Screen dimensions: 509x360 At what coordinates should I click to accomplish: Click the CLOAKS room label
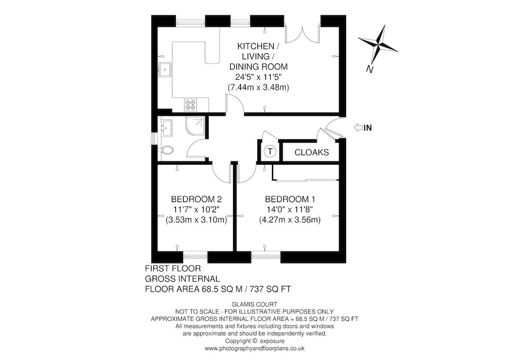312,152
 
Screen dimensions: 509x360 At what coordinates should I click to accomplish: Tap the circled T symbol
270,151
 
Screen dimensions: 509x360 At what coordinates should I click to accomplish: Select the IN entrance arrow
359,128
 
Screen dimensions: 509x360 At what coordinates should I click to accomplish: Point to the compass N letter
369,69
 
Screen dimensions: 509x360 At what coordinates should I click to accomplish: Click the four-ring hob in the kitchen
191,105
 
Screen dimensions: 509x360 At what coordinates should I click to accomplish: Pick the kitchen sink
166,70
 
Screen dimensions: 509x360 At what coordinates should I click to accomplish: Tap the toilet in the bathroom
166,150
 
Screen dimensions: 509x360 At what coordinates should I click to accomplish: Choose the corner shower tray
195,126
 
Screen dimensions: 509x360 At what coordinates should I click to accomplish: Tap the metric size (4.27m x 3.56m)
290,220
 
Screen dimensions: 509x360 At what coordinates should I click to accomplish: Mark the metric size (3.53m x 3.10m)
196,220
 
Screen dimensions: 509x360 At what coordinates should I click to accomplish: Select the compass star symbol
378,44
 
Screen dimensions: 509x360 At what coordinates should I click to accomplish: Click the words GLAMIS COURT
255,305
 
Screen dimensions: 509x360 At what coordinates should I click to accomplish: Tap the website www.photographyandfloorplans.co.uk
255,349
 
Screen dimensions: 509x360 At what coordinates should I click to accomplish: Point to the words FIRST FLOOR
172,268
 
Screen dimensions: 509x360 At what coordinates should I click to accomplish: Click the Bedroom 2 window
196,256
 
